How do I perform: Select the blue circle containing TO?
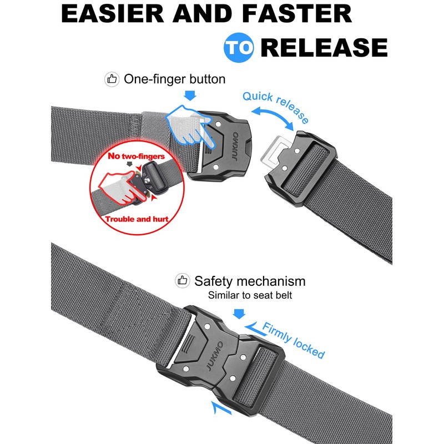[239, 48]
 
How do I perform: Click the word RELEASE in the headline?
[324, 48]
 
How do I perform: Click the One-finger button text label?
[174, 79]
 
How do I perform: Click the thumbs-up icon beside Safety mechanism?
[181, 280]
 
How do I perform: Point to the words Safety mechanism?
[250, 280]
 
